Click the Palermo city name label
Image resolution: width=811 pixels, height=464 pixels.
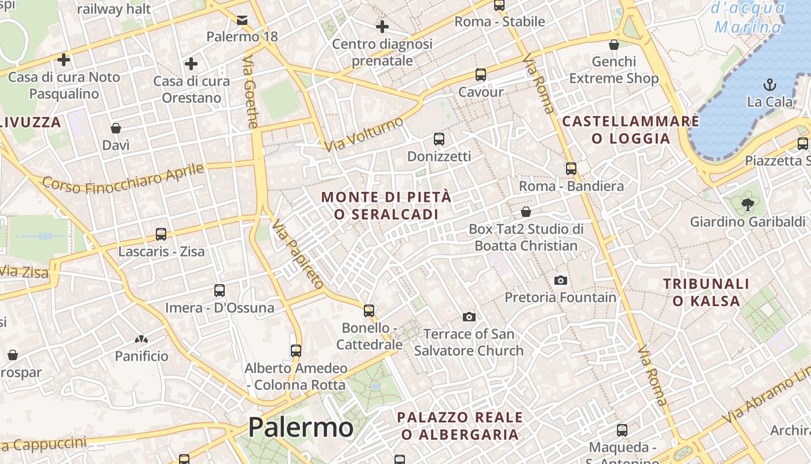pos(301,428)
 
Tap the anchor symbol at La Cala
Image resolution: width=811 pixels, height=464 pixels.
pos(769,85)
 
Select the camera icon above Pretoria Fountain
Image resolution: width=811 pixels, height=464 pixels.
pos(560,281)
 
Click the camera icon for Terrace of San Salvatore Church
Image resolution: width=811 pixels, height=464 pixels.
pos(469,317)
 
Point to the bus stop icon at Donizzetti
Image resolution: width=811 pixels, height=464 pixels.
pos(439,139)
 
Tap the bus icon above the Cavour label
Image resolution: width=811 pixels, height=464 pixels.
pos(481,75)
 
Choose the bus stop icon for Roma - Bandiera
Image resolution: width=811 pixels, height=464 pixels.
pos(571,169)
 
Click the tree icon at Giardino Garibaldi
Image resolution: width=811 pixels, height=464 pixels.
pos(747,204)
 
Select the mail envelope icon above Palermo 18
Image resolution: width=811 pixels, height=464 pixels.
pos(242,20)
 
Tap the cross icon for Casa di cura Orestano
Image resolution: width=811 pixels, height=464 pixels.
pos(191,64)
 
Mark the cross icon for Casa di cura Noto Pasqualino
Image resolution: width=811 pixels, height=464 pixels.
pos(64,60)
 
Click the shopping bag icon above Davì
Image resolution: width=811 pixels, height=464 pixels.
pos(116,128)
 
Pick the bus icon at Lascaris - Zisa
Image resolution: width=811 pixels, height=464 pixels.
pos(161,234)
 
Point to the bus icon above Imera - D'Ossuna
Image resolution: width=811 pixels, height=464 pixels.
pos(220,291)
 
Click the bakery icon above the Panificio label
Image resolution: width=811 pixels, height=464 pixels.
pos(141,339)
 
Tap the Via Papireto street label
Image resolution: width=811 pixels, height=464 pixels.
pos(298,254)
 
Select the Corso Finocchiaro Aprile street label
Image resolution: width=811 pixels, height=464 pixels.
pos(123,179)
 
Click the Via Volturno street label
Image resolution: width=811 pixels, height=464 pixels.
pos(364,135)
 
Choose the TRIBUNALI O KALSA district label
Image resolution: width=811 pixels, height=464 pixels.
pos(706,292)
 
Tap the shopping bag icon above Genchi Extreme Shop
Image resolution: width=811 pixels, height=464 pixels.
pos(614,45)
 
